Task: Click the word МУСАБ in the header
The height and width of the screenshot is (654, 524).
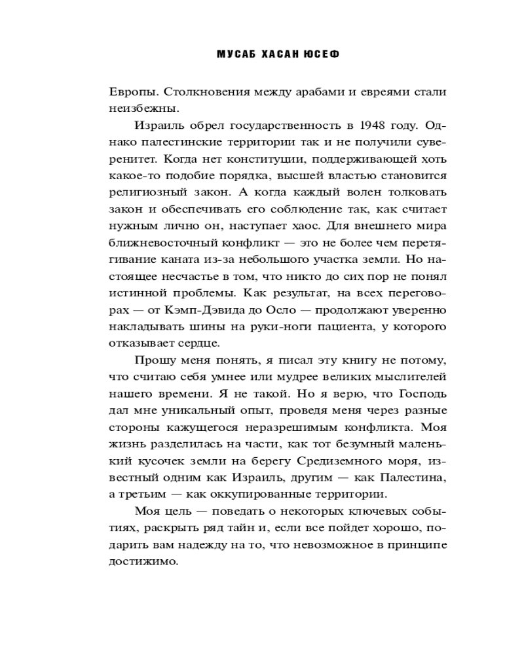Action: (x=235, y=55)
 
